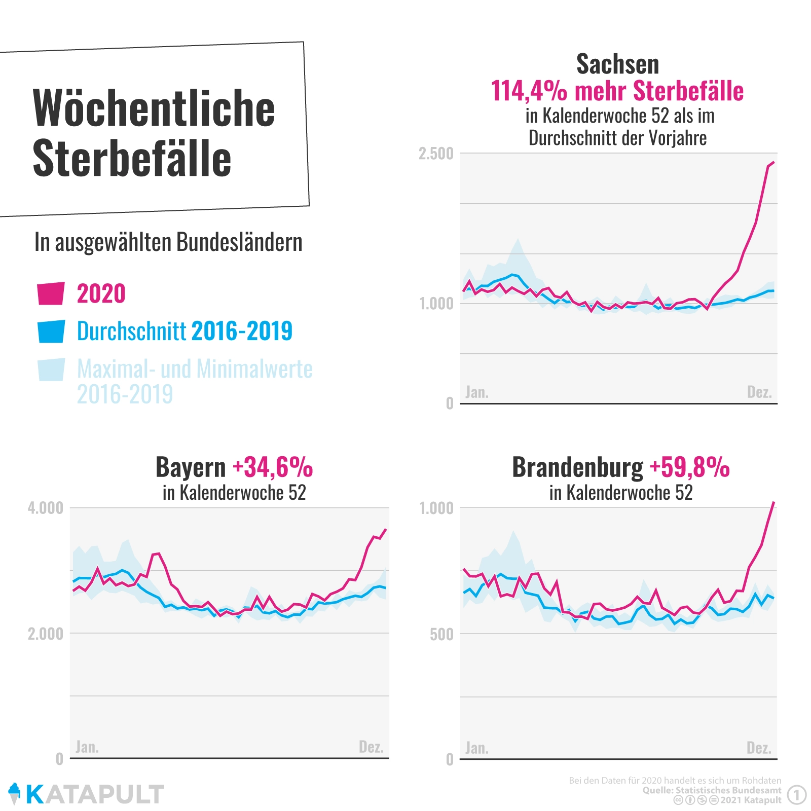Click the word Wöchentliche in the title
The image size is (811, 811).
(154, 108)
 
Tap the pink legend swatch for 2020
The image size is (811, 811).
(51, 293)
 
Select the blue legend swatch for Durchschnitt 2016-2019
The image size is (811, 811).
(51, 331)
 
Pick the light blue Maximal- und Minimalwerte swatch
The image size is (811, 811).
(51, 370)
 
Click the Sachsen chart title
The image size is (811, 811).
(617, 64)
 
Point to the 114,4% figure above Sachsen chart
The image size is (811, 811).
(529, 91)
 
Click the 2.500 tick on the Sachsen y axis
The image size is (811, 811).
(436, 154)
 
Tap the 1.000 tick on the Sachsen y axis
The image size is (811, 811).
(436, 304)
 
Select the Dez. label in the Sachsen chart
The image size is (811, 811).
(759, 392)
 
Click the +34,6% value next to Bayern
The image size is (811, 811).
(273, 467)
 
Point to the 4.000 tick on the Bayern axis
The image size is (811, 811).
(46, 508)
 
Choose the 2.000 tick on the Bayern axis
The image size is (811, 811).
(46, 634)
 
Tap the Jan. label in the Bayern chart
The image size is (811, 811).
(87, 747)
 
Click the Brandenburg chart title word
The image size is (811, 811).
(577, 467)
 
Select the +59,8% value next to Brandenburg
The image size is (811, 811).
(689, 467)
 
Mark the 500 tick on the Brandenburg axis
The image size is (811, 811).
(441, 634)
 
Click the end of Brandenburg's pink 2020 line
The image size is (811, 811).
(773, 502)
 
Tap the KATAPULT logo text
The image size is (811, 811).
(95, 794)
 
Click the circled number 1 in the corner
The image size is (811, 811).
(797, 795)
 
